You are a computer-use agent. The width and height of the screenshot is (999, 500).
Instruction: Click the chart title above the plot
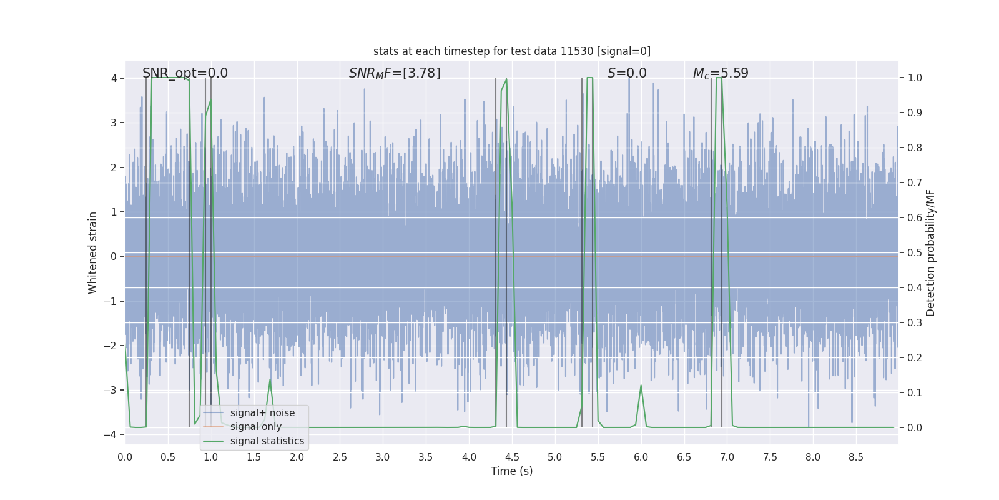(x=511, y=51)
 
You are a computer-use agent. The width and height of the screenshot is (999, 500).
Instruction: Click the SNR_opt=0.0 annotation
(x=185, y=73)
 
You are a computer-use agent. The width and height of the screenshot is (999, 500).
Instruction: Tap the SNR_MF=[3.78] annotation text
(x=395, y=73)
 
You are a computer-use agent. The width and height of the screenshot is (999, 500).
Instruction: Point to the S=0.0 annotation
(x=627, y=73)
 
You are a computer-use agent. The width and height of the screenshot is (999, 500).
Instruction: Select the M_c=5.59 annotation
(x=721, y=73)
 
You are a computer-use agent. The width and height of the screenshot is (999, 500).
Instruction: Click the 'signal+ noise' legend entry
(x=262, y=413)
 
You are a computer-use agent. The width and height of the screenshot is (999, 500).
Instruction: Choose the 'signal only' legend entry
(x=255, y=427)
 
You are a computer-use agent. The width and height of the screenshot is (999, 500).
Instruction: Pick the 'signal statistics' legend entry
(x=267, y=441)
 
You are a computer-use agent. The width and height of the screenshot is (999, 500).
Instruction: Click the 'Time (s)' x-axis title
(x=511, y=471)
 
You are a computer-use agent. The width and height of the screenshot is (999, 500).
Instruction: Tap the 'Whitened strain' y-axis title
(x=93, y=252)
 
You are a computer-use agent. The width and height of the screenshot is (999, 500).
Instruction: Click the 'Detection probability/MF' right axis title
(x=930, y=252)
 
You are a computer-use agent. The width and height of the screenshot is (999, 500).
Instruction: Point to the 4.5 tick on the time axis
(x=512, y=457)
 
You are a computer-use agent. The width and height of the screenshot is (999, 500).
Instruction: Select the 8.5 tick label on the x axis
(x=856, y=457)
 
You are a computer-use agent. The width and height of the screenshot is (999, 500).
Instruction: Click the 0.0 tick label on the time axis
(x=125, y=457)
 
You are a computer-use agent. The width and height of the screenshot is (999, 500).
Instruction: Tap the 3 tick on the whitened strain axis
(x=114, y=122)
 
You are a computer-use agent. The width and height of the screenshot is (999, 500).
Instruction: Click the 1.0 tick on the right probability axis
(x=915, y=78)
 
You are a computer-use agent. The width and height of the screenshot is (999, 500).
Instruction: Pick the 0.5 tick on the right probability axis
(x=915, y=252)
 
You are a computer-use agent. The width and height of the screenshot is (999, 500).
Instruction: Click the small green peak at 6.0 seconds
(x=641, y=386)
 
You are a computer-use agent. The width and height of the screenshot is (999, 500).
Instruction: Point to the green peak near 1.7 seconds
(x=270, y=380)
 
